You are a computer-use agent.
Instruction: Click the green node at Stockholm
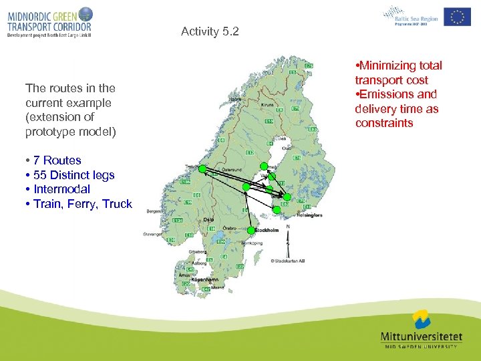251,230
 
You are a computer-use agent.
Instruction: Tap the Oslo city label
208,218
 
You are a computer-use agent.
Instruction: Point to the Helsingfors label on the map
309,215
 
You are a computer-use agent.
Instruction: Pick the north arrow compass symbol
288,235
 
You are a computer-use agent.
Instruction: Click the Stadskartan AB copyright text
289,261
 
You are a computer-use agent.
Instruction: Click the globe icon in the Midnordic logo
86,13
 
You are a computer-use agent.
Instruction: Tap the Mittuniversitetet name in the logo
420,337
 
